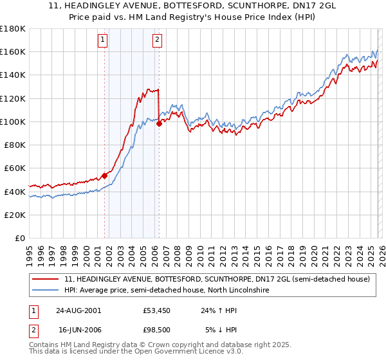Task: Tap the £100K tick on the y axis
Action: [13, 122]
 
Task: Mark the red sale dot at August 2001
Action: [104, 175]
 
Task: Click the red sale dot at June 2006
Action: [159, 123]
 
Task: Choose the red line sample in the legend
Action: [46, 279]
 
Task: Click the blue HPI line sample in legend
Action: [46, 291]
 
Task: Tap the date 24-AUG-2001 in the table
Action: [78, 310]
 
